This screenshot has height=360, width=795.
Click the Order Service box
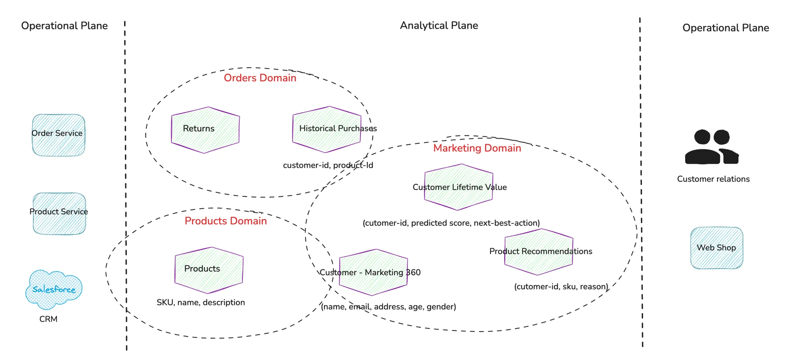tap(58, 135)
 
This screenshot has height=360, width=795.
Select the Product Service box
tap(59, 214)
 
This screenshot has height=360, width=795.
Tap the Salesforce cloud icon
tap(54, 289)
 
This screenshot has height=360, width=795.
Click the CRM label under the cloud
tap(48, 319)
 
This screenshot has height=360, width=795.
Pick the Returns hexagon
tap(205, 130)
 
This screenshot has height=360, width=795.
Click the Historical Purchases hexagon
tap(327, 129)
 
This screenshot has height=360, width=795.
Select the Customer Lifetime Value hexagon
tap(459, 187)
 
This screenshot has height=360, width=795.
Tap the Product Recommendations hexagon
tap(539, 252)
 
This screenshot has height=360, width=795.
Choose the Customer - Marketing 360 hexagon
tap(373, 272)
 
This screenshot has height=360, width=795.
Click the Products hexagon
tap(209, 270)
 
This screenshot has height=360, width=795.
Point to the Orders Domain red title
tap(260, 78)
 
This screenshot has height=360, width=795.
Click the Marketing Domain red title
tap(477, 148)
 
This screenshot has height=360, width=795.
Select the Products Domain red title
tap(226, 221)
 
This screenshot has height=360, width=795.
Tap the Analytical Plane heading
tap(439, 25)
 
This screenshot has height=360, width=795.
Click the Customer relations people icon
tap(712, 147)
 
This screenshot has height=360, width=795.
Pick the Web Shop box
tap(716, 248)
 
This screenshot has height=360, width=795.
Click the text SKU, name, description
tap(201, 302)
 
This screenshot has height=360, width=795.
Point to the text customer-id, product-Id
tap(328, 165)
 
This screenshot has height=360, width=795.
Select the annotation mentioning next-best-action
tap(451, 223)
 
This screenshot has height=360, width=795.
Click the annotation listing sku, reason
tap(561, 287)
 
